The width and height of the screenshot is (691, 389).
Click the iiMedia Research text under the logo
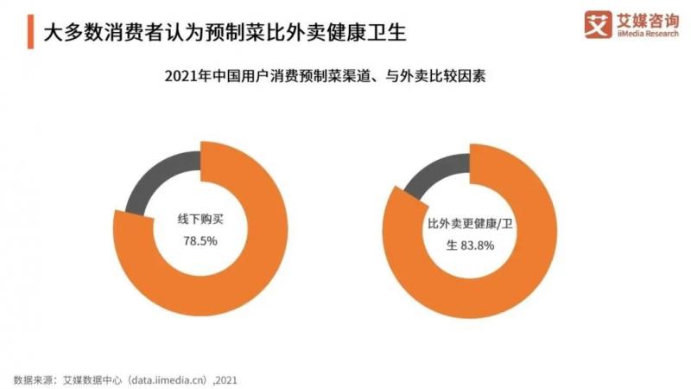tap(645, 35)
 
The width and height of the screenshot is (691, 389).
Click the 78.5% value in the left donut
tap(200, 241)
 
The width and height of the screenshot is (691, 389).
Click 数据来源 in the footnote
tap(31, 378)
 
